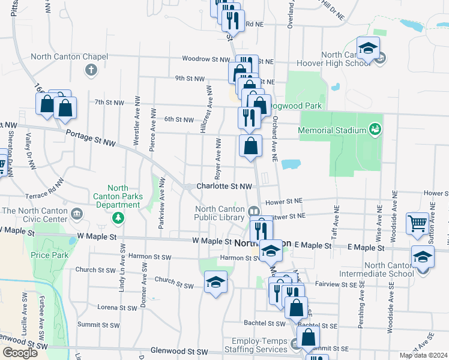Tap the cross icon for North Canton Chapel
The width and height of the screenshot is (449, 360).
tap(91, 71)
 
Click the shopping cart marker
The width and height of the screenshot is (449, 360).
tap(417, 223)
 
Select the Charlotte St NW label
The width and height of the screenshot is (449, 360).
tap(224, 187)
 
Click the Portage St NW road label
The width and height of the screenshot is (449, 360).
tap(91, 139)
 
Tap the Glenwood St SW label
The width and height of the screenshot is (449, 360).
tap(180, 351)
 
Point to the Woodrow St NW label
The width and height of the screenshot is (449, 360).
tap(206, 60)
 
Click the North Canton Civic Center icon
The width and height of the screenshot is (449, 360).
tap(77, 213)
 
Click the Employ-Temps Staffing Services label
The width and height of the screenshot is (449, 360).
tap(255, 345)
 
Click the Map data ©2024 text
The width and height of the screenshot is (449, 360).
tap(423, 355)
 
